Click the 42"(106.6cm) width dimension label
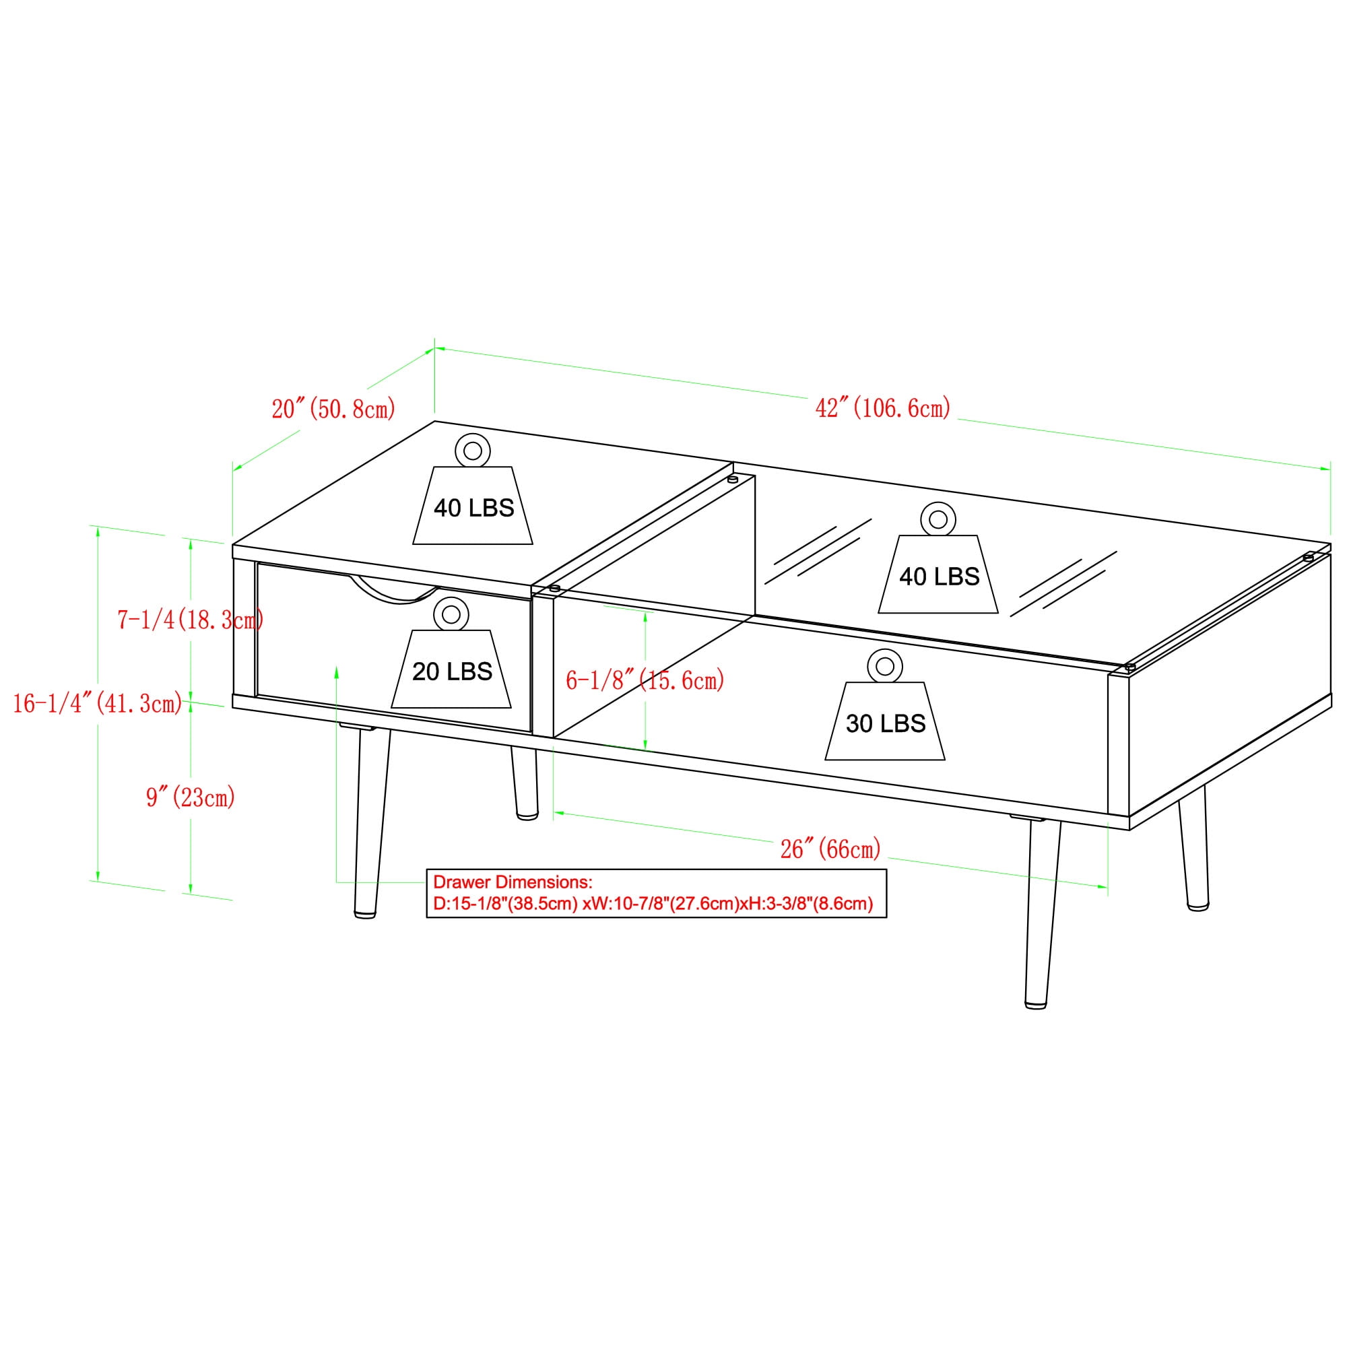[883, 408]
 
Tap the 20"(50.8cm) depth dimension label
[333, 408]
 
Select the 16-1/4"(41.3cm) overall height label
[98, 704]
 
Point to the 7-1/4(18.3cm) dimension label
[191, 619]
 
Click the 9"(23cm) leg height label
[191, 796]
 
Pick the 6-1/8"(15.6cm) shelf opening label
[645, 680]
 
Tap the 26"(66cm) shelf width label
[830, 849]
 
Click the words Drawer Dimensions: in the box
[513, 882]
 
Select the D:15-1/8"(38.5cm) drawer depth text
[506, 904]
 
